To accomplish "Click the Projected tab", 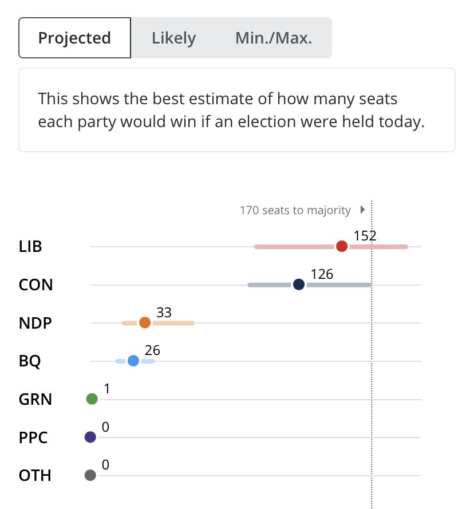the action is pyautogui.click(x=74, y=38).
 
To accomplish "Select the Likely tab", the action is pyautogui.click(x=173, y=38).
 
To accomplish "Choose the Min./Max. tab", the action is pyautogui.click(x=274, y=38).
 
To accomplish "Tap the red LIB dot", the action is pyautogui.click(x=342, y=246).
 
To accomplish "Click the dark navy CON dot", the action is pyautogui.click(x=299, y=285).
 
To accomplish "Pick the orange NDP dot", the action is pyautogui.click(x=145, y=323).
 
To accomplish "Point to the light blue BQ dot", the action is pyautogui.click(x=133, y=361).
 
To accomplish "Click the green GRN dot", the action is pyautogui.click(x=92, y=398).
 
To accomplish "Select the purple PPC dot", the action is pyautogui.click(x=90, y=437).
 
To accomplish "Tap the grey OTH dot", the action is pyautogui.click(x=90, y=475).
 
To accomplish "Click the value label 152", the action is pyautogui.click(x=365, y=236).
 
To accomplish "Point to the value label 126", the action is pyautogui.click(x=322, y=274).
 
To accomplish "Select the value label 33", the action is pyautogui.click(x=164, y=313).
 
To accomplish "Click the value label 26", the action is pyautogui.click(x=152, y=350).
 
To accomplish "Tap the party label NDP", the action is pyautogui.click(x=35, y=323).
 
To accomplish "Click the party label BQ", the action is pyautogui.click(x=30, y=361).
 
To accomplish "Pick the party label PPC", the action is pyautogui.click(x=33, y=437).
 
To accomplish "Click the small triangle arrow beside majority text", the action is pyautogui.click(x=362, y=210).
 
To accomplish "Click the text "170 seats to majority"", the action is pyautogui.click(x=295, y=210).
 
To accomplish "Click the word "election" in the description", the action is pyautogui.click(x=267, y=122).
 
